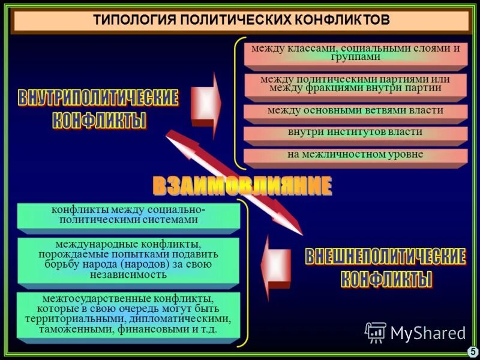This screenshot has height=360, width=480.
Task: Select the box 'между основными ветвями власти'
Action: coord(355,111)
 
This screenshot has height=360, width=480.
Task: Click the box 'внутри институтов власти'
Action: coord(355,133)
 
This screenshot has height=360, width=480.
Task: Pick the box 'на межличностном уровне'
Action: coord(355,155)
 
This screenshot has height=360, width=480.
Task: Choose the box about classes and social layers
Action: coord(355,52)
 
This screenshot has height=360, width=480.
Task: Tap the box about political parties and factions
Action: coord(355,84)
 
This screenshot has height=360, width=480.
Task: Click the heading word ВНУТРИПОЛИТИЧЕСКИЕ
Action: coord(98,98)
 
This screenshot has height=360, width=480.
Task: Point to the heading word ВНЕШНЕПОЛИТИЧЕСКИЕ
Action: coord(385,257)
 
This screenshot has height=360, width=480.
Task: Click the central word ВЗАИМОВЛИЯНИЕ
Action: coord(242,186)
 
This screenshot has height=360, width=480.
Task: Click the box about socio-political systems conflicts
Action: coord(128,215)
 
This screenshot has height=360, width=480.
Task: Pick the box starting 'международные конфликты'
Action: coord(128,260)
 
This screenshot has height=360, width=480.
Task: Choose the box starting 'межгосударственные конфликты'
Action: coord(128,314)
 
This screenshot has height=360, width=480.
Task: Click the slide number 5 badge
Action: coord(472,352)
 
